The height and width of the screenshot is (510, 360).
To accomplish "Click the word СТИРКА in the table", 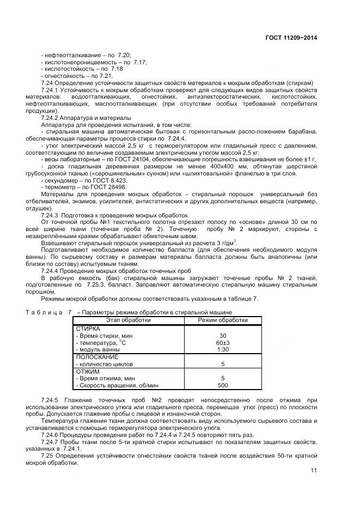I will pos(88,329).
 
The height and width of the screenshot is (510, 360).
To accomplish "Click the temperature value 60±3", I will pos(222,342).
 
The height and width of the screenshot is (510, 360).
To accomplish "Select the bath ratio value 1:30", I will pos(222,349).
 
